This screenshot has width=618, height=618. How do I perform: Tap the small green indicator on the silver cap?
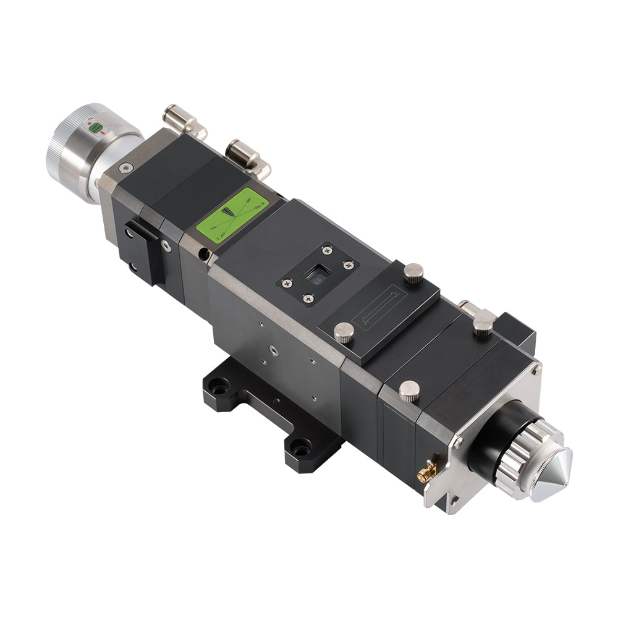pos(96,129)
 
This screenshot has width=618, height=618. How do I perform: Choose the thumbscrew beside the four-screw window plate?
pos(413,271)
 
